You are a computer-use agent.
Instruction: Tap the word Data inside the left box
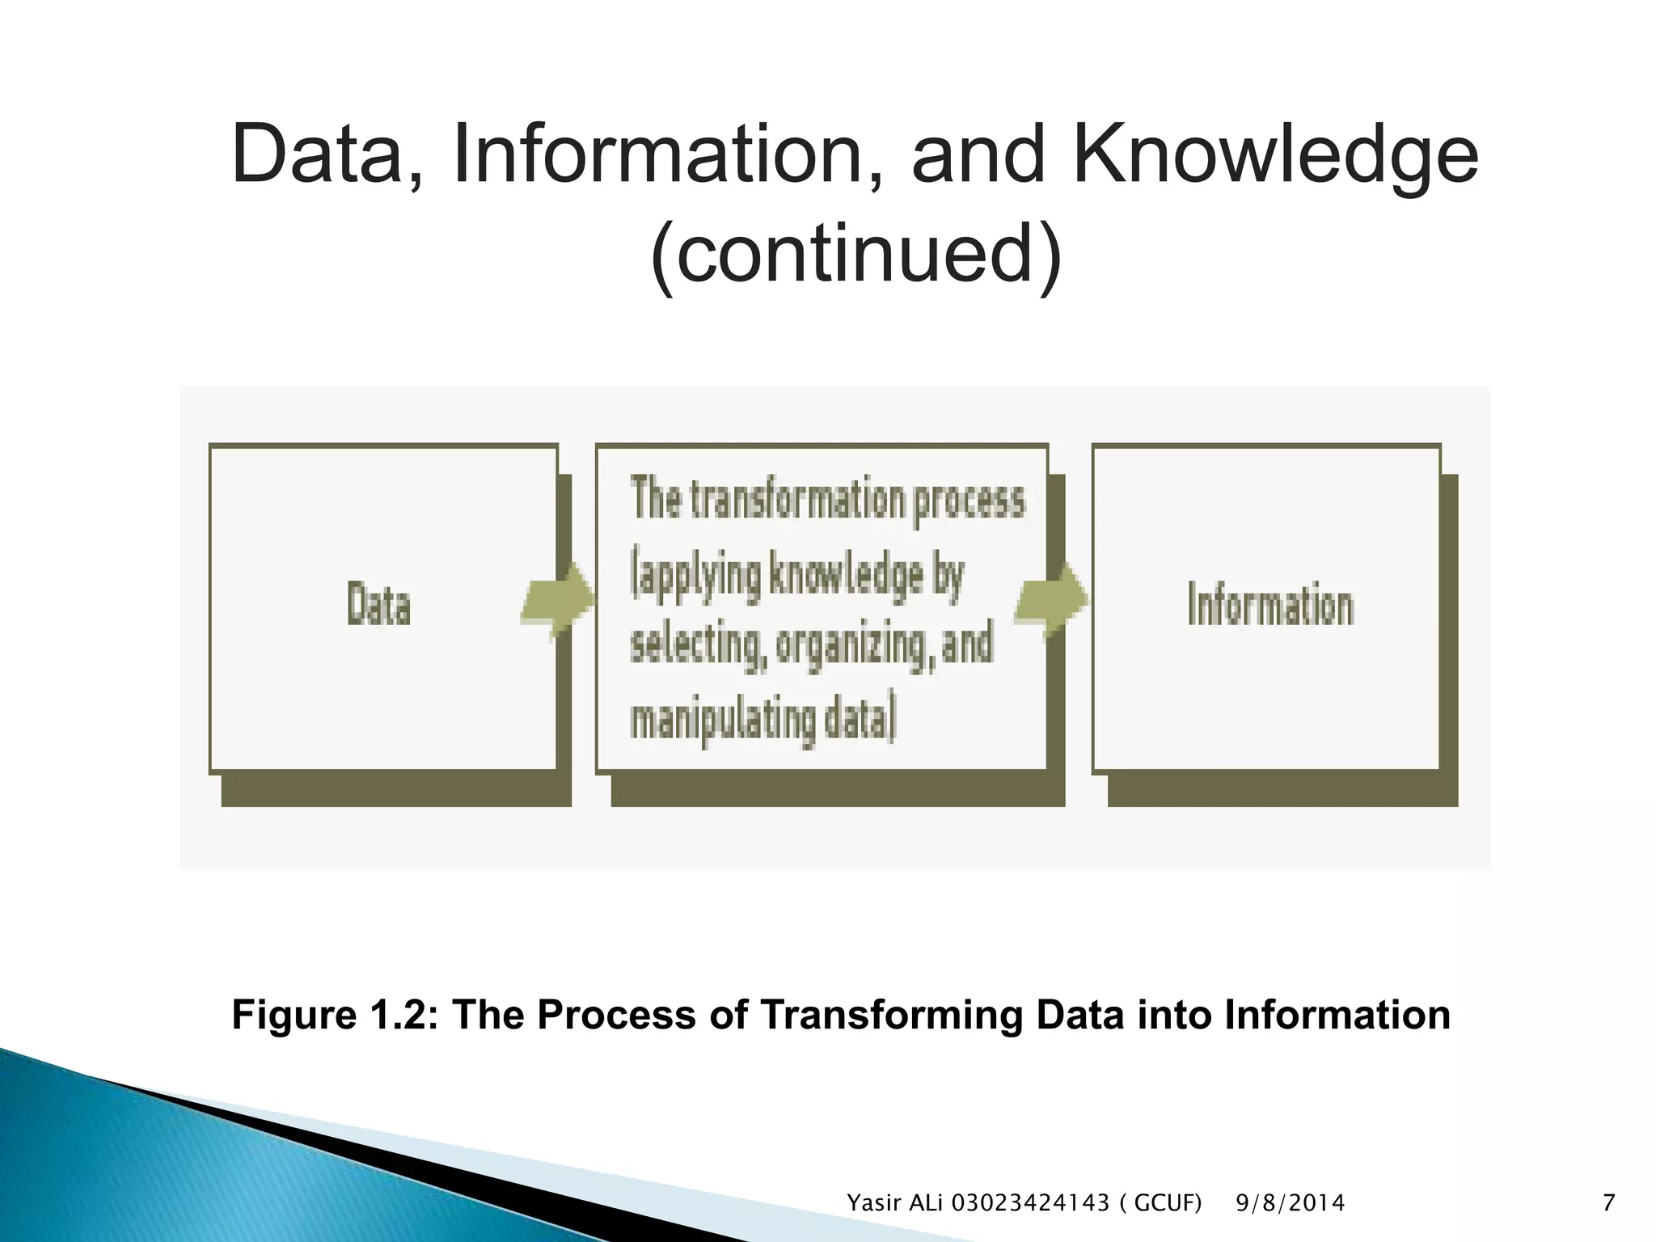(x=378, y=605)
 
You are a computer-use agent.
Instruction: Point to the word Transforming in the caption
(x=892, y=1015)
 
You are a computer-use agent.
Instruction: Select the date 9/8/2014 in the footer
(x=1290, y=1203)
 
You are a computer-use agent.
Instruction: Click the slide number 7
(x=1608, y=1203)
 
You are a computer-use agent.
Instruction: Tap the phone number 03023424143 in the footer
(x=1030, y=1203)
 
